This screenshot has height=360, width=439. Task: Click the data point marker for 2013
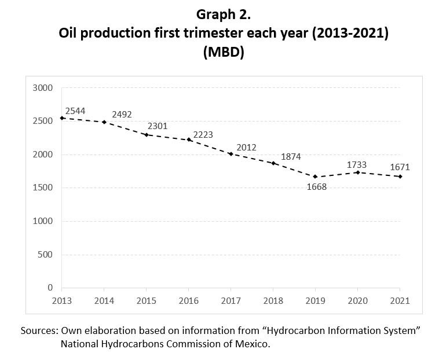point(62,118)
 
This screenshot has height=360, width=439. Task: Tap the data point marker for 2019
point(315,177)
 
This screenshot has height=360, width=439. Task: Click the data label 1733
point(356,165)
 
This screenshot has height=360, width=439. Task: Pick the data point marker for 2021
point(400,177)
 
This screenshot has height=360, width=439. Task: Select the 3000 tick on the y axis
point(43,88)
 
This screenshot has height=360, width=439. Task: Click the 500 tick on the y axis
point(46,254)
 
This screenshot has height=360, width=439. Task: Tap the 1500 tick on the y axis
point(43,188)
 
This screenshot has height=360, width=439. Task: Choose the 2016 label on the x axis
point(188,301)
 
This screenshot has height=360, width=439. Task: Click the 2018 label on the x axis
point(273,301)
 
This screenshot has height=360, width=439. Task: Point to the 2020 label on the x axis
point(357,301)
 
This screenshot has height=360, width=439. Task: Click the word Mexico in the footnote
point(251,344)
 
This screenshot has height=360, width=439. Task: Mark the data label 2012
point(246,148)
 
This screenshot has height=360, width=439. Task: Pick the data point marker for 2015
point(146,135)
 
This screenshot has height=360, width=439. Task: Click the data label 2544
point(76,110)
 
